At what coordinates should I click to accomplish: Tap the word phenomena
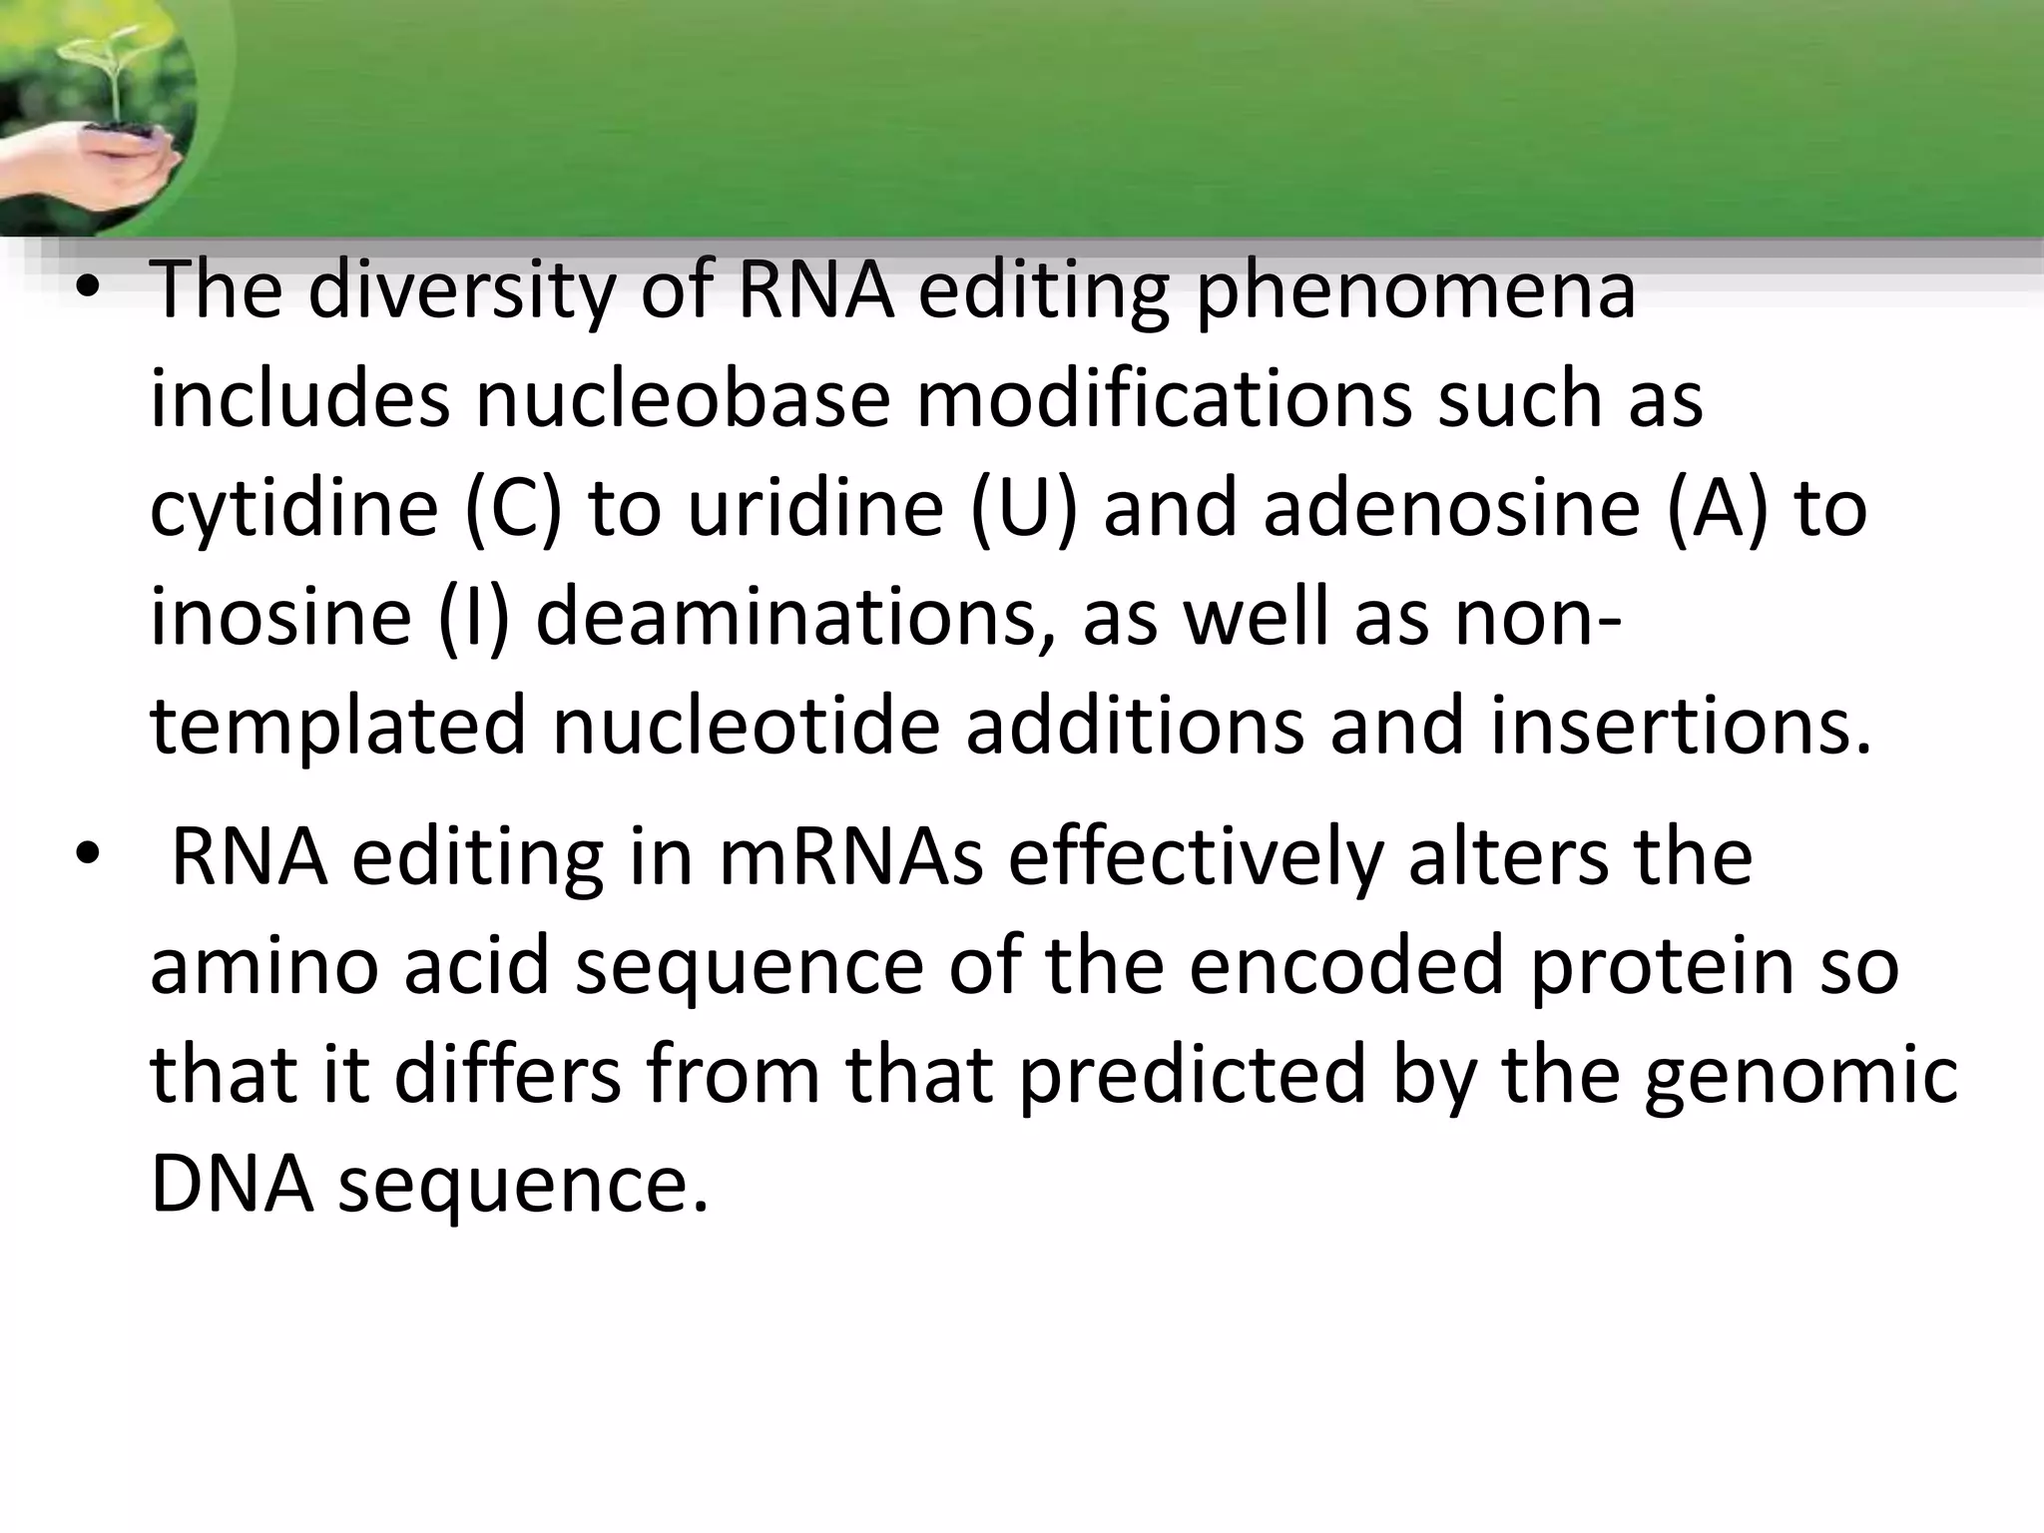click(x=1415, y=290)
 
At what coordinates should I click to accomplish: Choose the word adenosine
click(x=1451, y=508)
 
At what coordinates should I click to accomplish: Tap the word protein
click(x=1660, y=966)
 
